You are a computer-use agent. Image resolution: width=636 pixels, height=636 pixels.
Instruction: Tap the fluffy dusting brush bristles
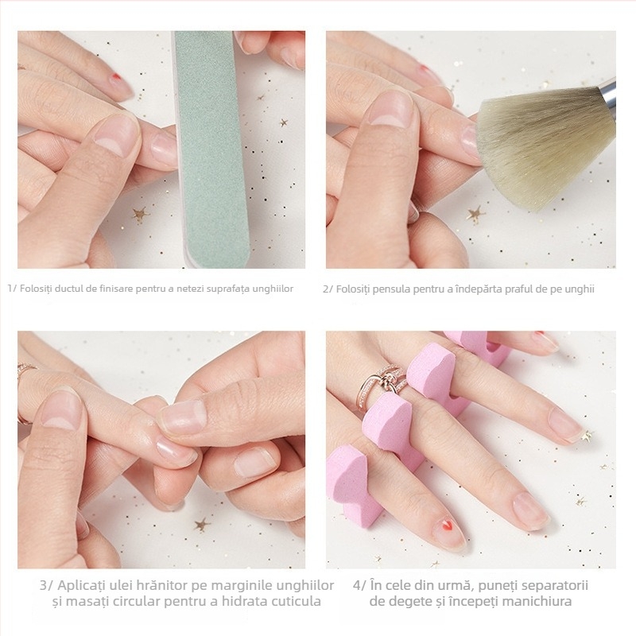click(x=545, y=150)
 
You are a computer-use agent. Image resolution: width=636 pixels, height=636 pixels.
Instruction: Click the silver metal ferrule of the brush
click(x=608, y=93)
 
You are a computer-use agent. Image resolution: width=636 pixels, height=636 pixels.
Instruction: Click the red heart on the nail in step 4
click(x=446, y=526)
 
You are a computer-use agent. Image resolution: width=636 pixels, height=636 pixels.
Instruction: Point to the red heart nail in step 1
click(x=117, y=77)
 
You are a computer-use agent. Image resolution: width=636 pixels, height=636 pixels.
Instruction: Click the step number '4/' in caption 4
click(x=359, y=586)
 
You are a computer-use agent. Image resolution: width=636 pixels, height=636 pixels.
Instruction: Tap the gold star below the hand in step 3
click(x=201, y=525)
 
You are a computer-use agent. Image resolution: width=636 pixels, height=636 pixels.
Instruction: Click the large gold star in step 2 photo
click(x=476, y=214)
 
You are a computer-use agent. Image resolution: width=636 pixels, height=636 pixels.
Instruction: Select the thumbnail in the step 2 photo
click(x=390, y=108)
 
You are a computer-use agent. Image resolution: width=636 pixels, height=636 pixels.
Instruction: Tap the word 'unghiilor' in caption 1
click(x=273, y=289)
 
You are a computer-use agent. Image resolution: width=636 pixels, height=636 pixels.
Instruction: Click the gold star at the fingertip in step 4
click(x=586, y=436)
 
